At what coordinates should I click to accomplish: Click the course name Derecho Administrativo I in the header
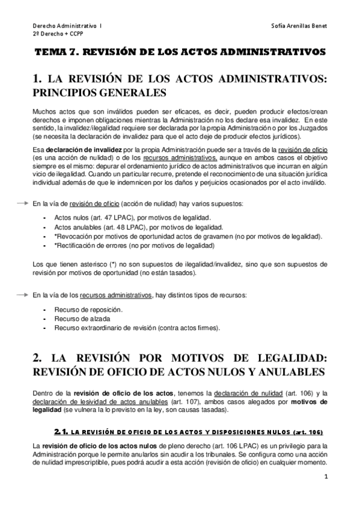click(x=67, y=26)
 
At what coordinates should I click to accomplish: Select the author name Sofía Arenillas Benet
click(x=299, y=26)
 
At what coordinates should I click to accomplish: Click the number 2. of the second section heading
click(x=37, y=357)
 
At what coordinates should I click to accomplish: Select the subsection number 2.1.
click(x=61, y=432)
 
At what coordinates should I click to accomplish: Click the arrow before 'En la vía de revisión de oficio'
click(x=23, y=204)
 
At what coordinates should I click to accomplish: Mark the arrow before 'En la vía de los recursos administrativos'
click(x=23, y=295)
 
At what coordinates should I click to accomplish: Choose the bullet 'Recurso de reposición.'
click(x=88, y=309)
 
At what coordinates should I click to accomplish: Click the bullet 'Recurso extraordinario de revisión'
click(x=136, y=328)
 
